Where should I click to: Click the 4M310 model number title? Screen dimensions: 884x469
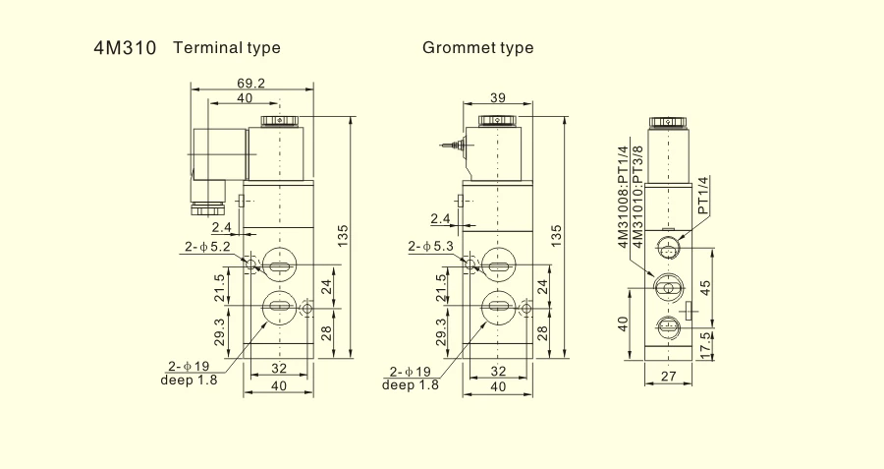point(125,48)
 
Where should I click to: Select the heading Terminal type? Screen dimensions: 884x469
point(227,48)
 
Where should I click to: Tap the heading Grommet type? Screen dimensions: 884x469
point(477,48)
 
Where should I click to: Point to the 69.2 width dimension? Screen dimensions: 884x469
point(250,83)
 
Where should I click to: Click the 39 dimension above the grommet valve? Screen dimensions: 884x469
point(498,97)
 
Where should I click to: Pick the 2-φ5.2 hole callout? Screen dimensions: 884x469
point(207,247)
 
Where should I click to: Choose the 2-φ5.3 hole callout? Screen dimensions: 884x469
point(431,246)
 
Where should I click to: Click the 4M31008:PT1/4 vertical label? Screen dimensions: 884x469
point(623,197)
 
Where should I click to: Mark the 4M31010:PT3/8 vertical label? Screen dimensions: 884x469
point(637,197)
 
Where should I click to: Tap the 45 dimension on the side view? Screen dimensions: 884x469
point(704,287)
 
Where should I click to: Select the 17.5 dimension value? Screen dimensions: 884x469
point(704,344)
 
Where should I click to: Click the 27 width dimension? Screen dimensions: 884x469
point(668,376)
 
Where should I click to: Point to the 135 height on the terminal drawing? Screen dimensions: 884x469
point(344,236)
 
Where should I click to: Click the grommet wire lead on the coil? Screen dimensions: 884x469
point(453,145)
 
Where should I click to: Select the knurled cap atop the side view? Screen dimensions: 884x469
point(668,122)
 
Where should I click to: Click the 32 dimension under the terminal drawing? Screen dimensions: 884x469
point(279,369)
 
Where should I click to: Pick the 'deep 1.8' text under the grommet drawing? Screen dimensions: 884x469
point(410,384)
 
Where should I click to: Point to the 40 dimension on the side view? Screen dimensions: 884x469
point(623,323)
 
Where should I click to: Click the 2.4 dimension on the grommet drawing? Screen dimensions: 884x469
point(441,218)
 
